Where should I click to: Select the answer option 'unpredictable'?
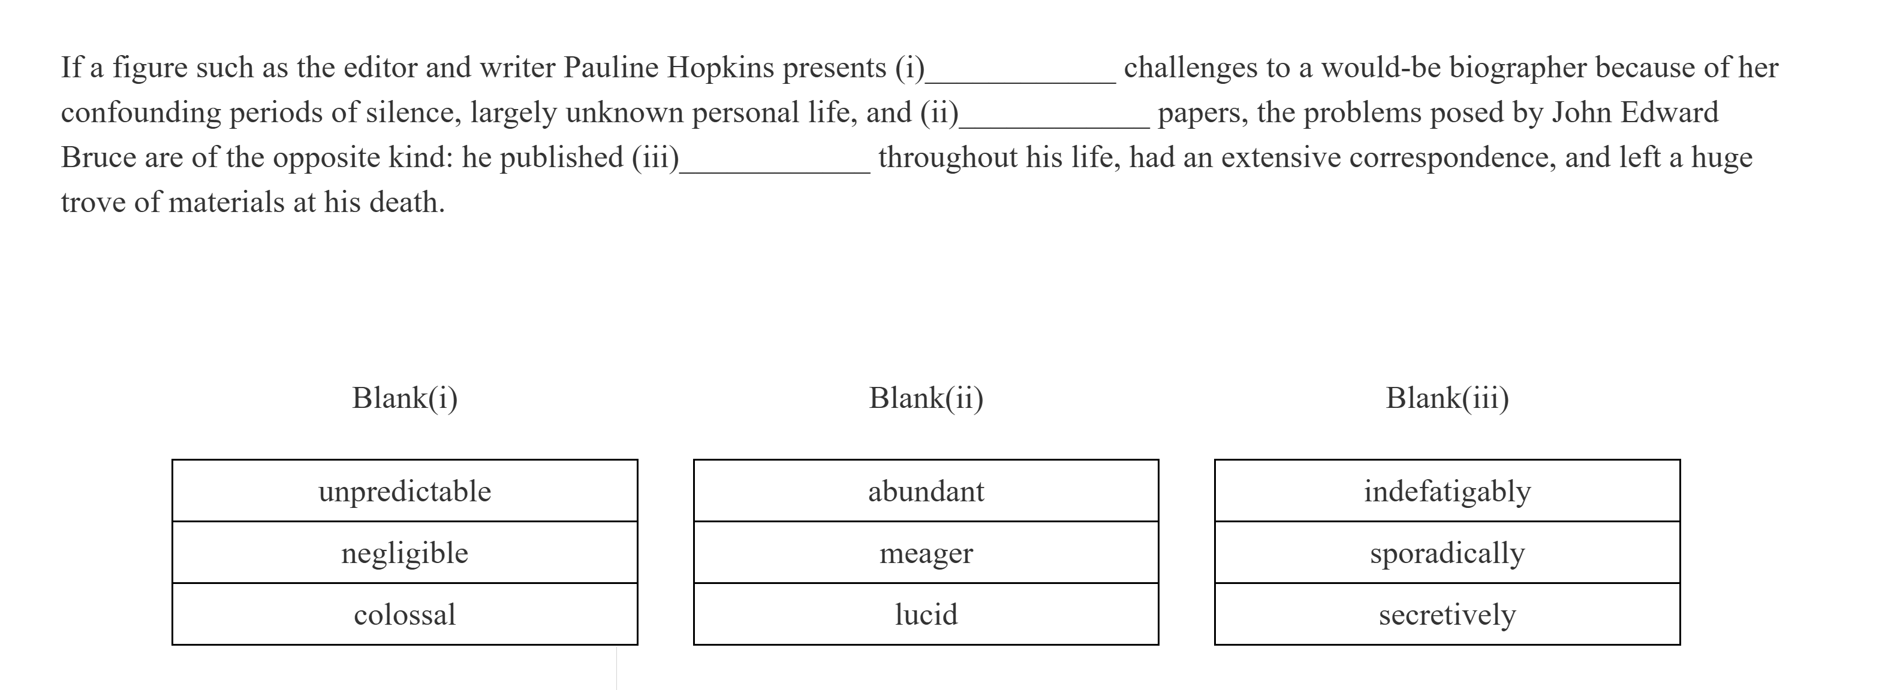(405, 491)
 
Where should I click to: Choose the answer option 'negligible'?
(405, 553)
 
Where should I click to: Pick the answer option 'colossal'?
(405, 614)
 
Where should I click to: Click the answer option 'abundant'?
(926, 491)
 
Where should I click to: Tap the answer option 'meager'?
(926, 553)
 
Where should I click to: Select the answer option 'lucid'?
(926, 614)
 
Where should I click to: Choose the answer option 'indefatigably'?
(1447, 491)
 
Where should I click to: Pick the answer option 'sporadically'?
(1447, 553)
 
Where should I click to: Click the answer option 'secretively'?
(1447, 614)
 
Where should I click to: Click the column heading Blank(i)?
(405, 398)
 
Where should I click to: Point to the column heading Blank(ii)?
(926, 398)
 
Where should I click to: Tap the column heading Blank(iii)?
(1447, 398)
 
